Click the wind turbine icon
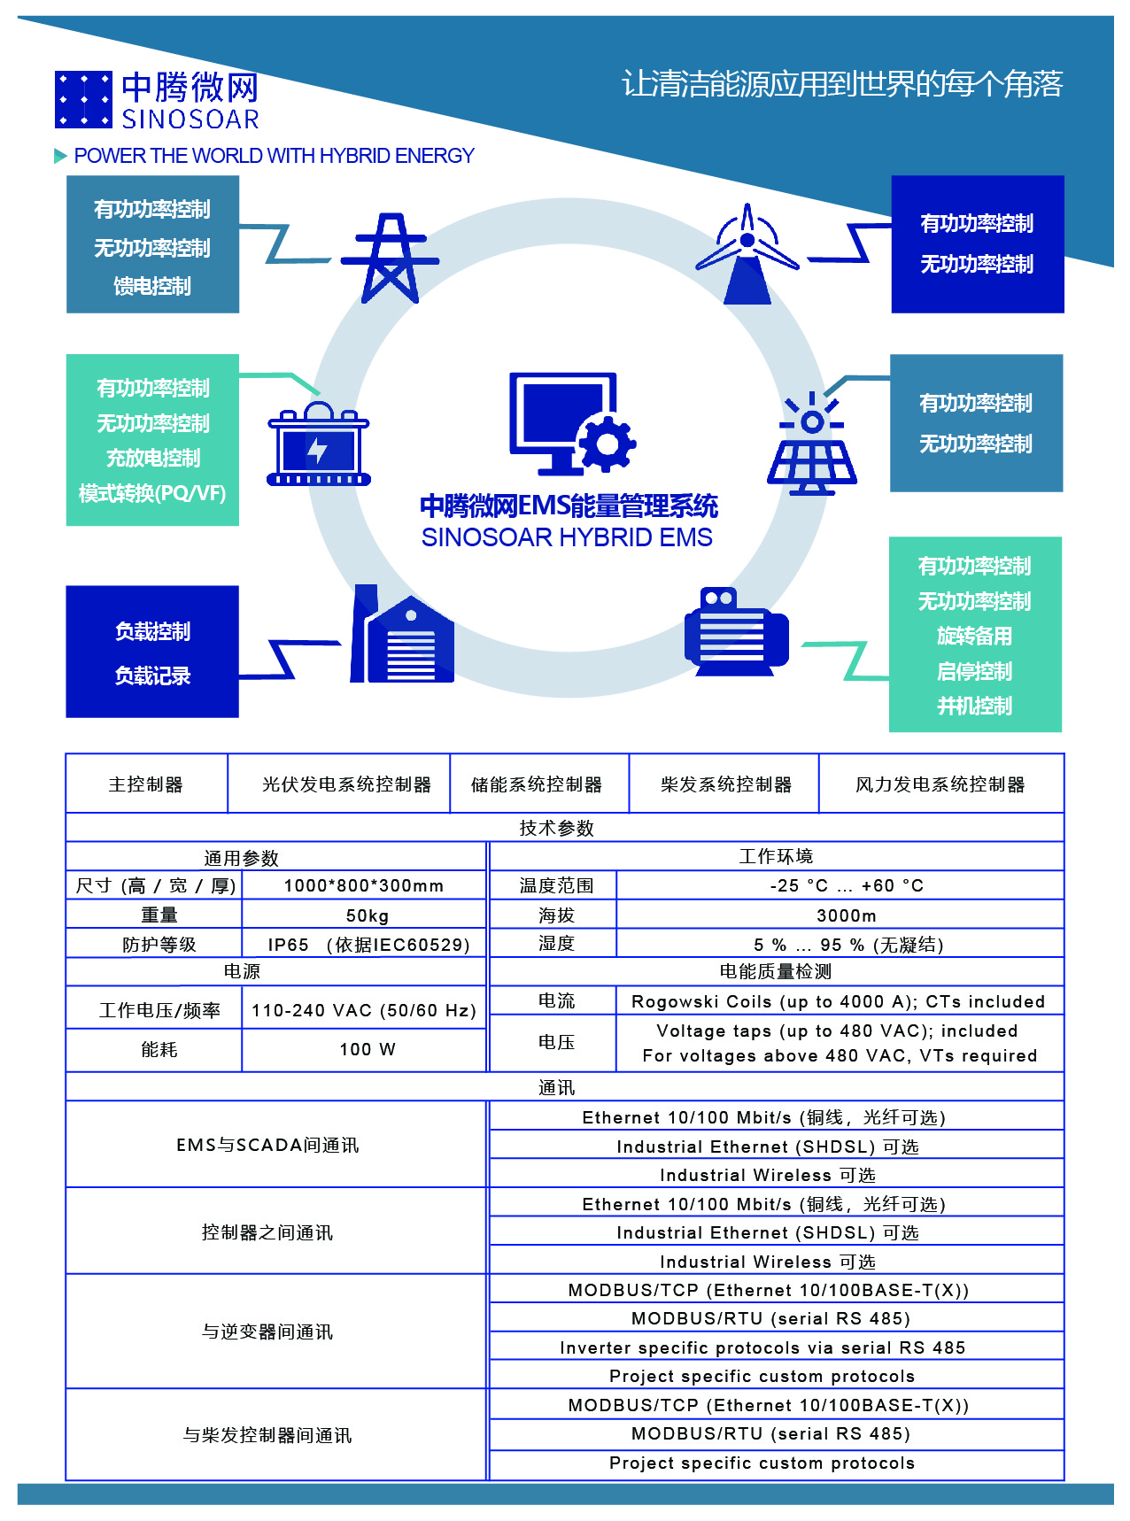pos(748,254)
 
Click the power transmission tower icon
pos(390,258)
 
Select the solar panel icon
pos(811,443)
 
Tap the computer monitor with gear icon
pos(572,423)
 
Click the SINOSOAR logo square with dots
pos(83,99)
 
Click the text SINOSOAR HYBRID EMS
pos(567,537)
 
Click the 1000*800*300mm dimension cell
pos(365,885)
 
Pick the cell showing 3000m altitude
pos(840,915)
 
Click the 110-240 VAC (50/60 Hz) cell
pos(365,1010)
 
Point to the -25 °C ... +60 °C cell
pos(840,885)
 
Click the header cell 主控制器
pos(146,784)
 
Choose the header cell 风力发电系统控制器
pos(940,784)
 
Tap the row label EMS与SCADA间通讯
pos(268,1145)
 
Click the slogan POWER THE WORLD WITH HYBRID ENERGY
pos(275,156)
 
